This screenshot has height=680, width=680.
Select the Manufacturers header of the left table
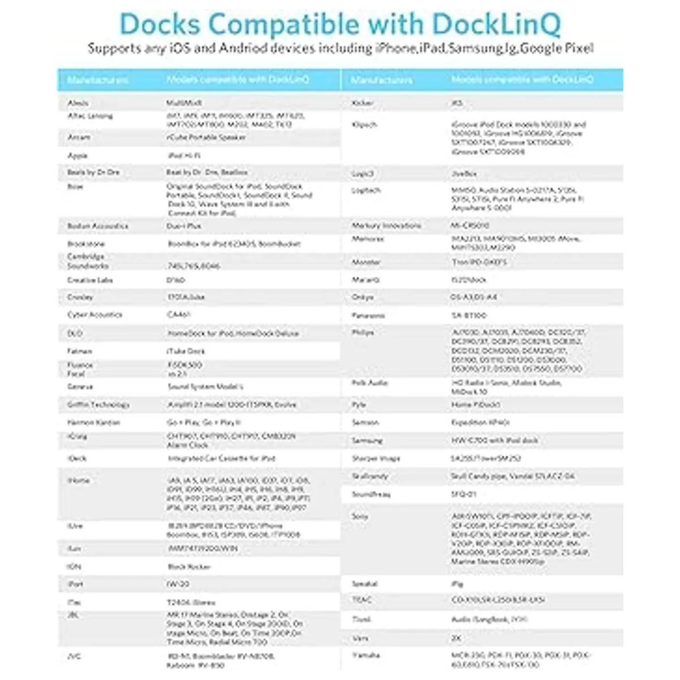pos(97,80)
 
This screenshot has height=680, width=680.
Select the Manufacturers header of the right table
pos(381,80)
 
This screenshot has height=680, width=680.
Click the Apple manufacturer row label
pos(78,155)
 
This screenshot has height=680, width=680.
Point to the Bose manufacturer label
pos(75,186)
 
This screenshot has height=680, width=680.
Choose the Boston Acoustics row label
pos(97,226)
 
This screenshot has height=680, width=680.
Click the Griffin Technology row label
pos(98,405)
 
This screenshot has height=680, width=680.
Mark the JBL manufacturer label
pos(74,615)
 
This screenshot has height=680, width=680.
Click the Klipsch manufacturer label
pos(364,125)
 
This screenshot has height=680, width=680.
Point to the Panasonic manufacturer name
pos(368,316)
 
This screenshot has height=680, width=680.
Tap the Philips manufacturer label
pos(363,333)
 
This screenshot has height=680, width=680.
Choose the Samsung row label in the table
pos(367,440)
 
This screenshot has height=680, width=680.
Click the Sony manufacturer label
pos(360,516)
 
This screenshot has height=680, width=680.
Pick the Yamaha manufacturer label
pos(366,655)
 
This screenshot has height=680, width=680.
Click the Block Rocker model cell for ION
pos(189,567)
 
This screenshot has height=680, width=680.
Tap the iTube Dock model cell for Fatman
pos(186,351)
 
